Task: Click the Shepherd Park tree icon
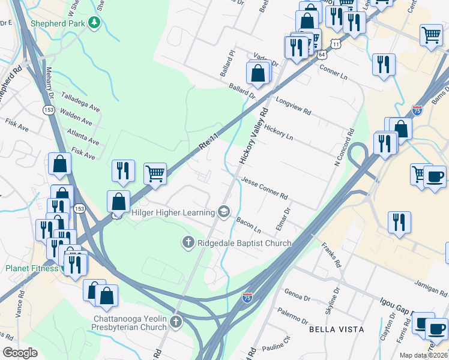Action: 93,23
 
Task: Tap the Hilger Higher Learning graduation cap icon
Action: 223,211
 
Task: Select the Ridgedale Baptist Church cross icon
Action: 188,242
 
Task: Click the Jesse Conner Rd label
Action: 265,188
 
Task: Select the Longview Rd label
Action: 294,107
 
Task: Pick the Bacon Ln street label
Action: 248,226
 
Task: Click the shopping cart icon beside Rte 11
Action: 155,173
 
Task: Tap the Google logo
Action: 20,353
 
